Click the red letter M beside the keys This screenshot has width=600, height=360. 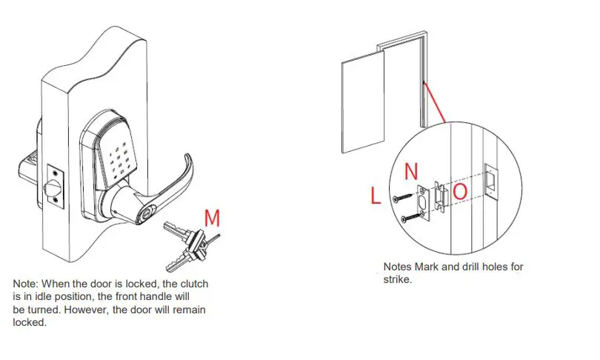click(x=212, y=218)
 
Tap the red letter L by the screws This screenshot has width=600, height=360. click(x=376, y=196)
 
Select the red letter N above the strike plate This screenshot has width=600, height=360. click(x=413, y=172)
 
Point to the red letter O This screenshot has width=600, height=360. click(x=460, y=192)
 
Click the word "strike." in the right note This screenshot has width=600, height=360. click(x=399, y=279)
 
